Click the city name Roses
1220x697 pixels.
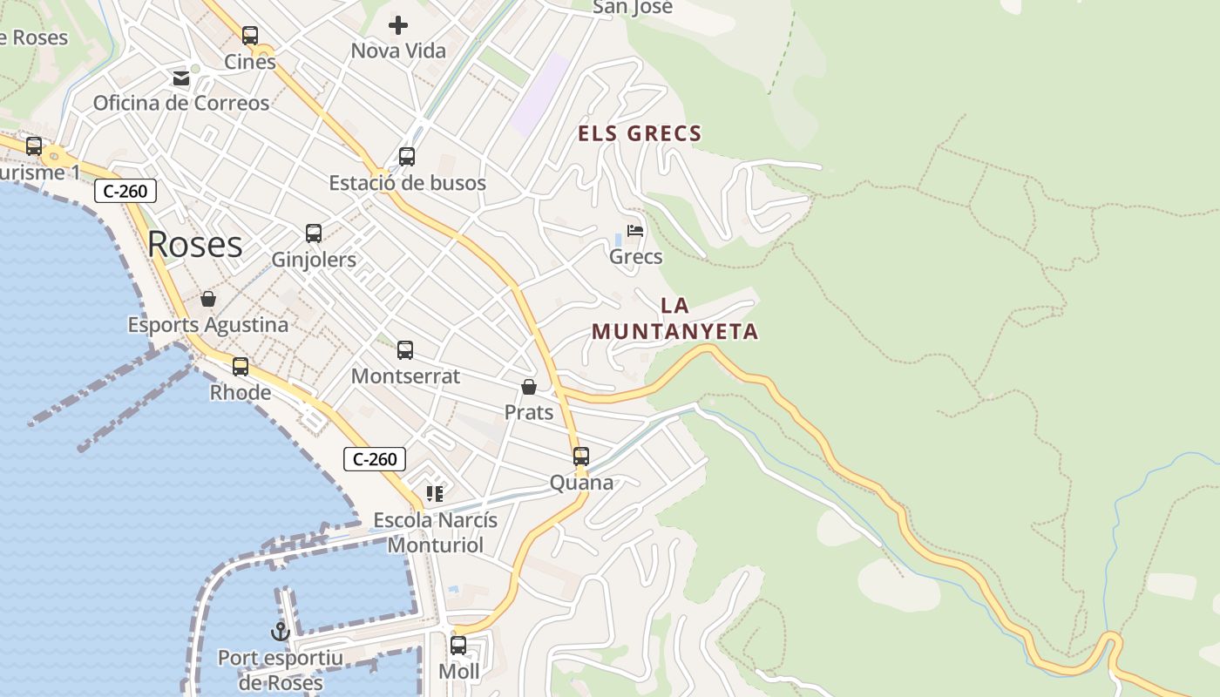[194, 244]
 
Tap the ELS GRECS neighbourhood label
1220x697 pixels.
[640, 133]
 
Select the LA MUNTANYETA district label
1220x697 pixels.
[674, 319]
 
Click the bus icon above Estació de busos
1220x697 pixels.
[407, 157]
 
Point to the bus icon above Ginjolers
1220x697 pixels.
[314, 233]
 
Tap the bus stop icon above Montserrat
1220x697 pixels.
[405, 350]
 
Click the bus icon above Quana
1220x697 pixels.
[581, 457]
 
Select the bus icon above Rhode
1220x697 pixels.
[241, 367]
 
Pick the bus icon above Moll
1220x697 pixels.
[458, 646]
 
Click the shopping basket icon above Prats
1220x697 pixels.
[529, 386]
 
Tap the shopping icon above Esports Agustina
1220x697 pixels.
[208, 299]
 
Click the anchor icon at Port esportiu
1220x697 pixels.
[281, 632]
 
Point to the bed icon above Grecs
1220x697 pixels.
[635, 231]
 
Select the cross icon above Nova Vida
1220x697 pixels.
[398, 25]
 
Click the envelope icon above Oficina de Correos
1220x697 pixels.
[181, 78]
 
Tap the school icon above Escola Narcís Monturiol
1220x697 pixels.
[435, 494]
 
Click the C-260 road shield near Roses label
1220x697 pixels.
[125, 191]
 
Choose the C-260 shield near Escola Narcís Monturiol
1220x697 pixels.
[375, 459]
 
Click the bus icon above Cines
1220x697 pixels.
[250, 36]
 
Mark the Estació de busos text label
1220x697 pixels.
[407, 183]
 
